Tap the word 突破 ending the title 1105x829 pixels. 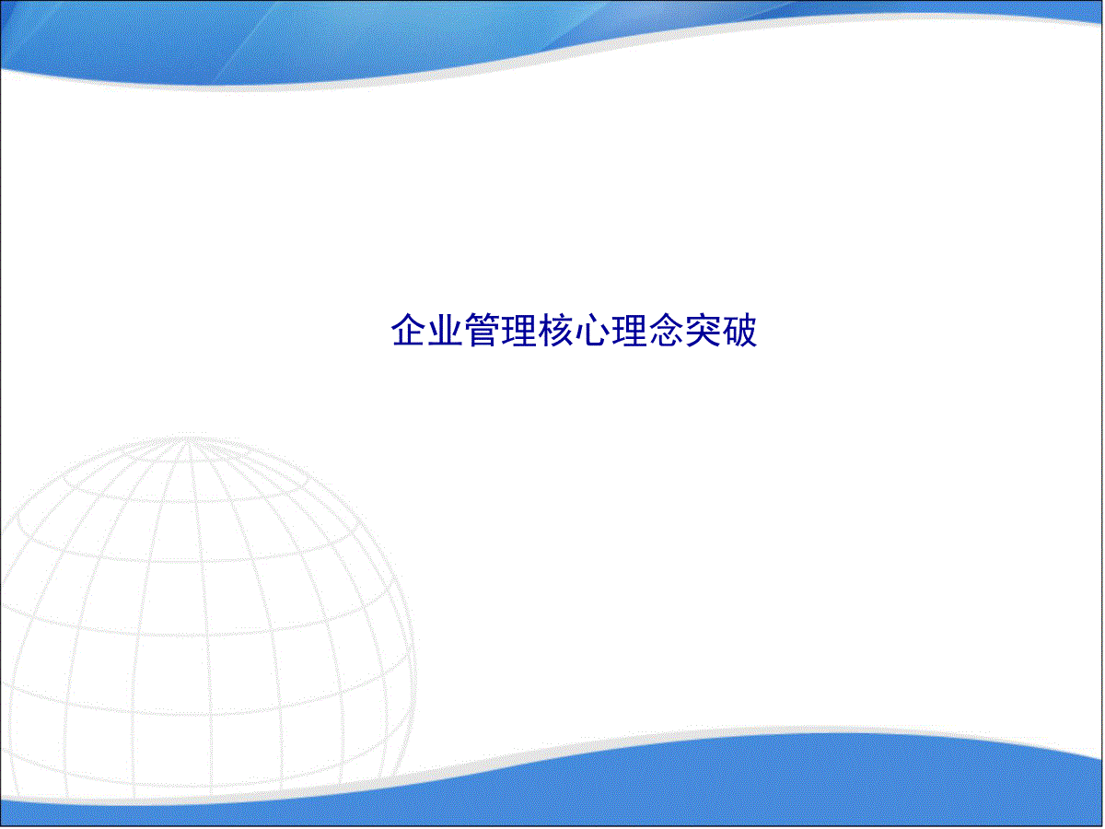coord(721,330)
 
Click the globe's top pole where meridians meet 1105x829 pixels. coord(187,441)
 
